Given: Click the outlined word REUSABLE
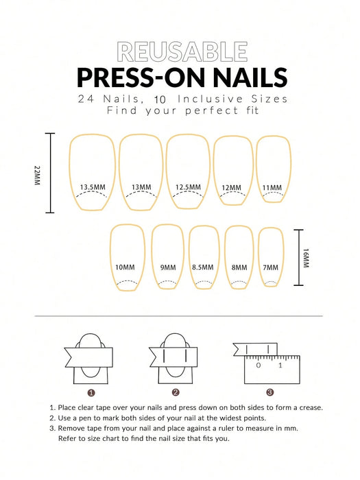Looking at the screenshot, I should [x=182, y=51].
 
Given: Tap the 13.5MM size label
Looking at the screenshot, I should [x=92, y=187].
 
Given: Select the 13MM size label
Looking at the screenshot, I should [x=141, y=187].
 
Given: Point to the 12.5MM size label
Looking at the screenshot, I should [x=188, y=187].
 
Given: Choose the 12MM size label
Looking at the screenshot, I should [x=231, y=188].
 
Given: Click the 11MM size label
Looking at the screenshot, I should [x=272, y=188].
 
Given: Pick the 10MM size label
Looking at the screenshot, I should [x=125, y=267].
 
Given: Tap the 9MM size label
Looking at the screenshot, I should [x=168, y=267].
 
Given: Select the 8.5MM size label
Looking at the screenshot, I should [x=203, y=267].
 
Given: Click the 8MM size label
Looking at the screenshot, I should [x=239, y=267].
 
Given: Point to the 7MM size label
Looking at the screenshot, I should [x=271, y=267].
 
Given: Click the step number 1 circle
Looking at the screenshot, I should [x=91, y=393].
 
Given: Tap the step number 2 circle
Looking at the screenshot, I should [x=175, y=393].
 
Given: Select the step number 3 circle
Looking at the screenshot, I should [x=270, y=393].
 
